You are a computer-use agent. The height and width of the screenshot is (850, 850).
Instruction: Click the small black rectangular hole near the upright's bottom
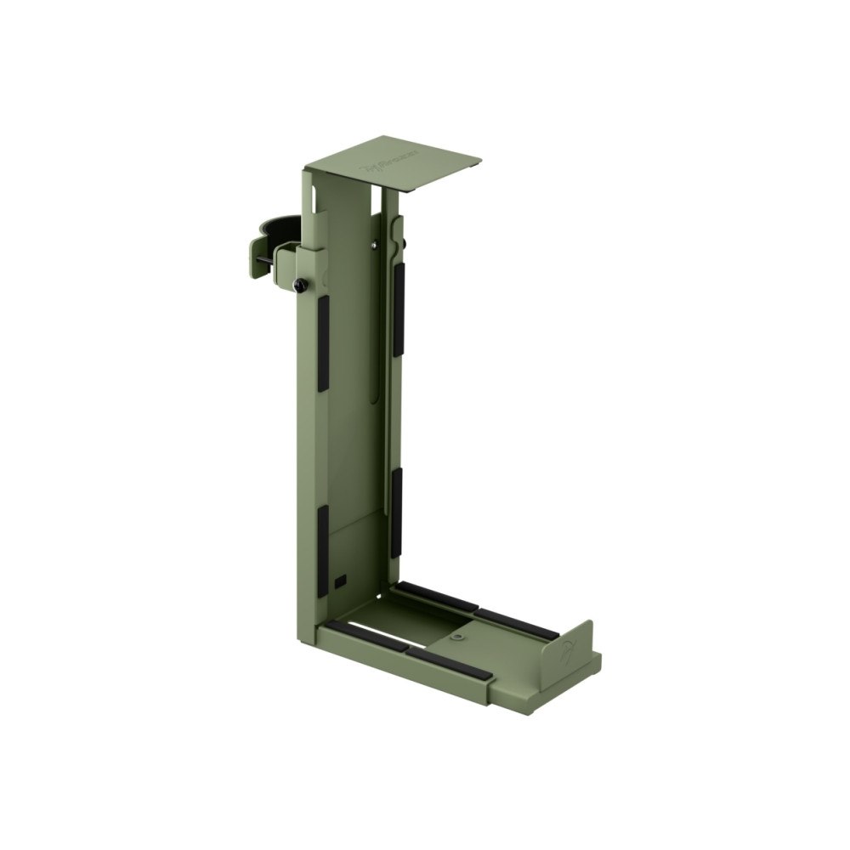[x=341, y=581]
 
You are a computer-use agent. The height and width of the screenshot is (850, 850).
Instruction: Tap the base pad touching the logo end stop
[x=517, y=624]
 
